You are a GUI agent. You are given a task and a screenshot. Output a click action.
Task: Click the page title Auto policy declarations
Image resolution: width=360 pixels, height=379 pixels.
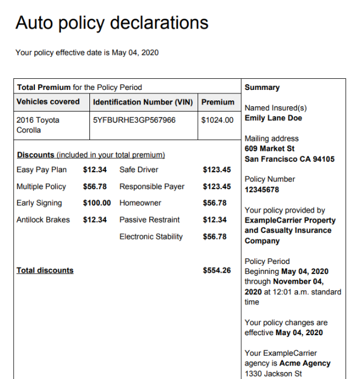pos(112,23)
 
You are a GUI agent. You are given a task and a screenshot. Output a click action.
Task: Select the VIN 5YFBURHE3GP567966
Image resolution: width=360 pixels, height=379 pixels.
pos(134,120)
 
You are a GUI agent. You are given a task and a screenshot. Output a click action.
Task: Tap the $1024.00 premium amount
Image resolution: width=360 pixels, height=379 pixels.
pos(217,120)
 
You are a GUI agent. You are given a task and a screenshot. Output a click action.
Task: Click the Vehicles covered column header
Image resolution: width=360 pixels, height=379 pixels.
pos(48,102)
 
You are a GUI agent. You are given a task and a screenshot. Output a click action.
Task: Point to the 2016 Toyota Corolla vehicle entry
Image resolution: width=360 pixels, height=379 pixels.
pos(38,125)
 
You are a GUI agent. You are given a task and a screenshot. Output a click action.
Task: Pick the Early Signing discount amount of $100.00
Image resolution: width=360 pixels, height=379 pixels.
pos(96,203)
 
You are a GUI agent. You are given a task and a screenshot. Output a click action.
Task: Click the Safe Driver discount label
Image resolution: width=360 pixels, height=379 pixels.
pos(139,170)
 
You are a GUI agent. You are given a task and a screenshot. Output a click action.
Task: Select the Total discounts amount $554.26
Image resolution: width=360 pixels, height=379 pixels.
pos(217,270)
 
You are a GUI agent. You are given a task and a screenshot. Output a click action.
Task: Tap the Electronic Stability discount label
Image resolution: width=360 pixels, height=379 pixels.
pos(151,237)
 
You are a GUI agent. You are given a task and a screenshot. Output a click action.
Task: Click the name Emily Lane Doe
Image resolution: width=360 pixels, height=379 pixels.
pos(274,118)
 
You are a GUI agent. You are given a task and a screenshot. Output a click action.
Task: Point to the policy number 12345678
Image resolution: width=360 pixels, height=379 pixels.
pos(262,190)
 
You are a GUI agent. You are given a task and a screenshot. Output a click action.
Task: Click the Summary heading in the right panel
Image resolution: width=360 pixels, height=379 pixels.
pos(262,88)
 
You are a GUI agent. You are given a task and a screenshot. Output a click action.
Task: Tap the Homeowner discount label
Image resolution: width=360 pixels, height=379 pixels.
pos(140,203)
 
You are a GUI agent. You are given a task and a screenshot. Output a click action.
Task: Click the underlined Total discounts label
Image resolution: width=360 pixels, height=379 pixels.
pos(45,270)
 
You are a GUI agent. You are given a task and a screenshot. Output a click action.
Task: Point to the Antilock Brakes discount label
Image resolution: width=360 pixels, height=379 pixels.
pos(43,220)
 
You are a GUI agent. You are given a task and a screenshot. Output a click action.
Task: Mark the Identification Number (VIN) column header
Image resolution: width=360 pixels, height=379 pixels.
pos(143,102)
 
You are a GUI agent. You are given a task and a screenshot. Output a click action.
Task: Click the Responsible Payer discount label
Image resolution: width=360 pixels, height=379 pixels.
pos(151,187)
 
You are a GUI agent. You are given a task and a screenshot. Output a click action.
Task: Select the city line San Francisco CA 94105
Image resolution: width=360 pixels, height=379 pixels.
pos(289,159)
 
